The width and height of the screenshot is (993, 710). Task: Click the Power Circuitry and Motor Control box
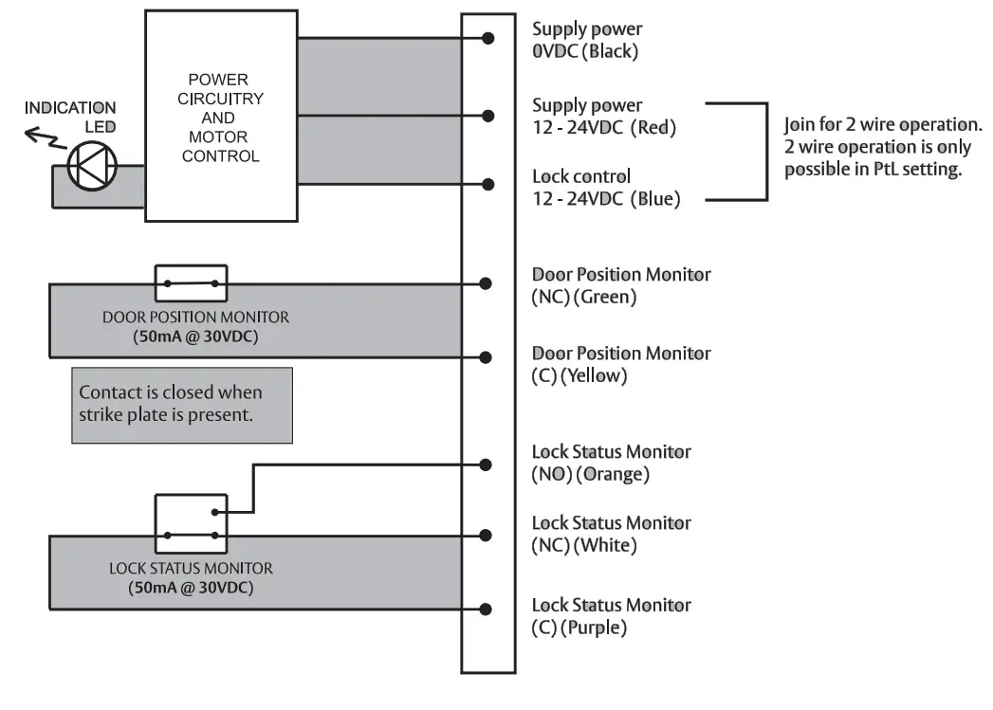[221, 117]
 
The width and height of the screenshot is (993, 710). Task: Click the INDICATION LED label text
[70, 118]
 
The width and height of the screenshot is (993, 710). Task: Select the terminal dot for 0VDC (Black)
[488, 38]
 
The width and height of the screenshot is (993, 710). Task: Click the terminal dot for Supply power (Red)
[488, 116]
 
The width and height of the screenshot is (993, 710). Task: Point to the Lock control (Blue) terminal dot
[488, 184]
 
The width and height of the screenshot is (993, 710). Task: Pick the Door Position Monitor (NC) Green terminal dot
[486, 283]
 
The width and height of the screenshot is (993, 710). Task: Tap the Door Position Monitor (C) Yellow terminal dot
[486, 357]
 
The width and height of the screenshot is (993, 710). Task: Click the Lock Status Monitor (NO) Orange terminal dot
[486, 464]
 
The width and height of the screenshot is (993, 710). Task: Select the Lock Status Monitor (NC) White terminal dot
[486, 536]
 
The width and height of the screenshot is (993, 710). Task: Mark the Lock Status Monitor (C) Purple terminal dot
[486, 610]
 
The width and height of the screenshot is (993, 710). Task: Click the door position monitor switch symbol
[191, 282]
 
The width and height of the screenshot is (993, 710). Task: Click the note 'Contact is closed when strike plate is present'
[182, 404]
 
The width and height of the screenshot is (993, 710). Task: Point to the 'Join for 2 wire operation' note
[882, 148]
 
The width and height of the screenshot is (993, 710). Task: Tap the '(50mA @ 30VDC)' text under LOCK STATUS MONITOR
[191, 588]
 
